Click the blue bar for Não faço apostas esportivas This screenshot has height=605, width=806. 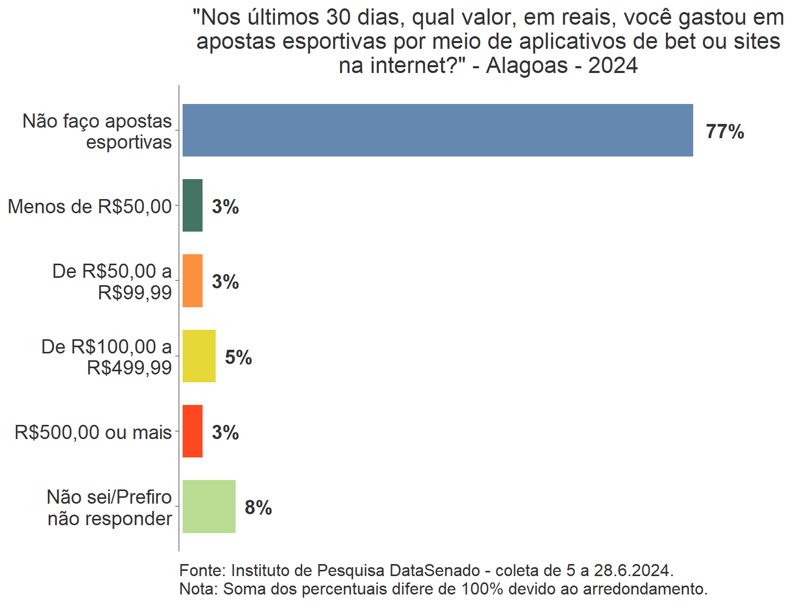pyautogui.click(x=438, y=130)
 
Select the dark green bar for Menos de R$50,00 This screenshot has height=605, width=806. pyautogui.click(x=193, y=205)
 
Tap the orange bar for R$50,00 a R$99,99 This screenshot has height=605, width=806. pyautogui.click(x=193, y=281)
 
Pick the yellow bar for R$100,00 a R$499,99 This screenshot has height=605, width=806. pyautogui.click(x=199, y=356)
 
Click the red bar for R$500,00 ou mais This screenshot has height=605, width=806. pyautogui.click(x=193, y=431)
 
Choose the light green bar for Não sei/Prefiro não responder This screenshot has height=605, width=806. pyautogui.click(x=209, y=507)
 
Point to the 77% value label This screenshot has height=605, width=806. pyautogui.click(x=725, y=131)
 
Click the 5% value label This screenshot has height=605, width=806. pyautogui.click(x=238, y=357)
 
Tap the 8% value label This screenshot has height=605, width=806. pyautogui.click(x=258, y=508)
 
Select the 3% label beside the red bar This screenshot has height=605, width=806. pyautogui.click(x=225, y=432)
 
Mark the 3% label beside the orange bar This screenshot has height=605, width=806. pyautogui.click(x=225, y=282)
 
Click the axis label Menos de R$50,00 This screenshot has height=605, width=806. pyautogui.click(x=90, y=206)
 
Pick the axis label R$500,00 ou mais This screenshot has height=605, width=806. pyautogui.click(x=93, y=432)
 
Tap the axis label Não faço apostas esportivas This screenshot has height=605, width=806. pyautogui.click(x=98, y=131)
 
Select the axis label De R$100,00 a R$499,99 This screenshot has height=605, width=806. pyautogui.click(x=107, y=357)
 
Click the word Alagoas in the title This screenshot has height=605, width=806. pyautogui.click(x=527, y=66)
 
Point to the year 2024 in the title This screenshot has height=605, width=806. pyautogui.click(x=613, y=66)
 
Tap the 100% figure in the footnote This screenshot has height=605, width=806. pyautogui.click(x=482, y=589)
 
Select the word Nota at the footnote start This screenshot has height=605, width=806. pyautogui.click(x=198, y=589)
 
